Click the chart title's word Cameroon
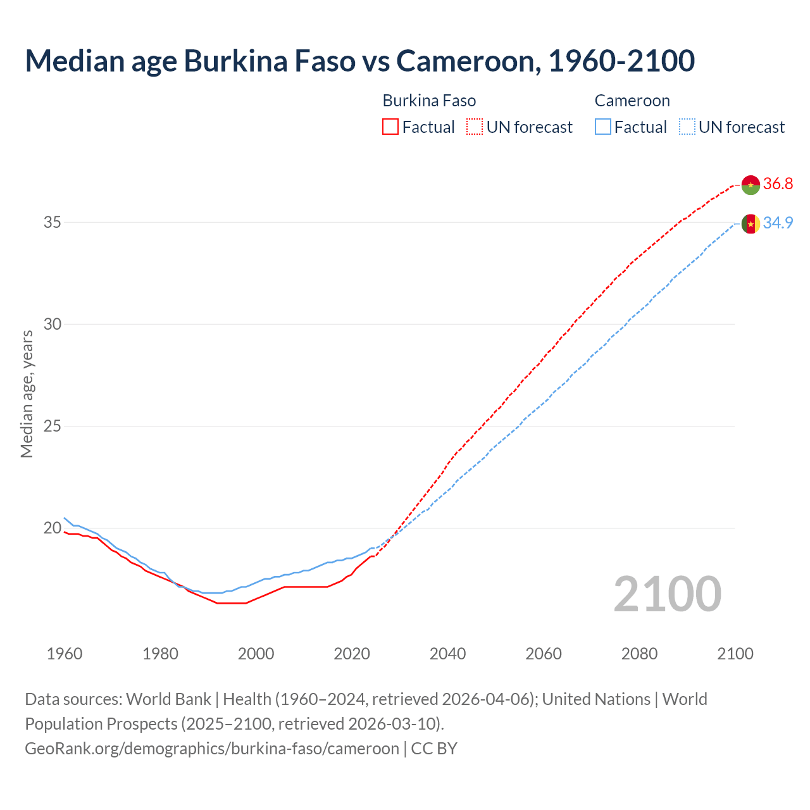(x=468, y=61)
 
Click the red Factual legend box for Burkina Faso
(x=390, y=127)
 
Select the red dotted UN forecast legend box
(x=475, y=127)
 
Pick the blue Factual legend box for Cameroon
(x=603, y=127)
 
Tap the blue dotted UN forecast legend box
(x=687, y=127)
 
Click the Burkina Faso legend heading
(x=429, y=101)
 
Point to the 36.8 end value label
(x=778, y=184)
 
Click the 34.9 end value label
(x=778, y=223)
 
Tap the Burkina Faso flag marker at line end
(x=751, y=184)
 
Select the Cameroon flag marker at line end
(x=751, y=223)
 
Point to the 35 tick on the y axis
(x=53, y=222)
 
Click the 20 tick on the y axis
(x=53, y=528)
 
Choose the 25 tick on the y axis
(x=53, y=426)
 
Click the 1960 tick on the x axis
(x=65, y=654)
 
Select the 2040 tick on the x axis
(x=447, y=654)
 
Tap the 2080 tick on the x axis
(x=639, y=654)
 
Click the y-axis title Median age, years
(x=27, y=394)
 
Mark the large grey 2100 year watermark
(x=667, y=594)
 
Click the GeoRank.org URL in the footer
(x=212, y=749)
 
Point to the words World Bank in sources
(x=168, y=699)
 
